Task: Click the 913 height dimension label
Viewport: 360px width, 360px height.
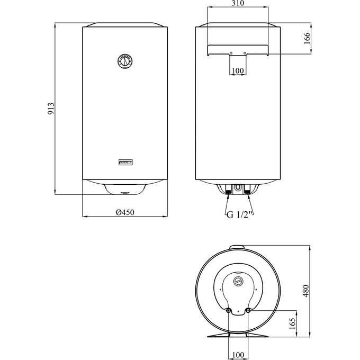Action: coord(51,109)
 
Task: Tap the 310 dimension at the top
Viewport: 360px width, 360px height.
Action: coord(238,4)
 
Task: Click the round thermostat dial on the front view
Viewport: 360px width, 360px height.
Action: coord(124,61)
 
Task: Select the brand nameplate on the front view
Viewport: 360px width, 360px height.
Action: coord(125,161)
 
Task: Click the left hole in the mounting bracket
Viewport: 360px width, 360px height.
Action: coord(231,52)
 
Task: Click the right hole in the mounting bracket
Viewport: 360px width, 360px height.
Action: coord(245,52)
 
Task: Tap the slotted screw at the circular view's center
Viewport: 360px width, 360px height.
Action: coord(238,281)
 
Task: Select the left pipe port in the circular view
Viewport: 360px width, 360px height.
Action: coord(228,311)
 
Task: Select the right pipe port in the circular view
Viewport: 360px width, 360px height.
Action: coord(248,311)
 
